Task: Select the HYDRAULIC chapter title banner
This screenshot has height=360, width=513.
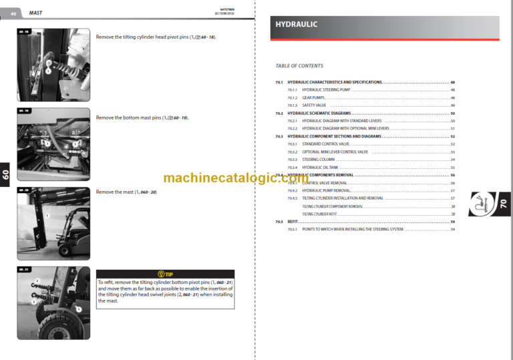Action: click(x=387, y=25)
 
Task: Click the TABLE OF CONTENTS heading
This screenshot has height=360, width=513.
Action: click(x=299, y=66)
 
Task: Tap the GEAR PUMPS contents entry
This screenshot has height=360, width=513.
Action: click(x=313, y=98)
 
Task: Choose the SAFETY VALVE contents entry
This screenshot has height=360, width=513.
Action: click(x=314, y=106)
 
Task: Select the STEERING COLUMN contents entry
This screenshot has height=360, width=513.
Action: click(x=319, y=160)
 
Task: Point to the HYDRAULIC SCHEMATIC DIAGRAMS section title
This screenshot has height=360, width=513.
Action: click(x=324, y=114)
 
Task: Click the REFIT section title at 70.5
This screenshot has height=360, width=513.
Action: click(x=293, y=221)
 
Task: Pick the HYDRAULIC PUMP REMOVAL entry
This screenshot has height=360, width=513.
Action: click(x=326, y=190)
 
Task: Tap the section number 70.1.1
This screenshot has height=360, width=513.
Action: click(x=292, y=89)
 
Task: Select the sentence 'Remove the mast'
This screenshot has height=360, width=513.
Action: click(x=126, y=192)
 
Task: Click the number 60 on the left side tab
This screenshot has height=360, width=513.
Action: click(x=5, y=175)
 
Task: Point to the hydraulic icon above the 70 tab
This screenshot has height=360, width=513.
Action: click(x=481, y=204)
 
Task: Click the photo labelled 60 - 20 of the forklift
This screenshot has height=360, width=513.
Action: click(x=53, y=222)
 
